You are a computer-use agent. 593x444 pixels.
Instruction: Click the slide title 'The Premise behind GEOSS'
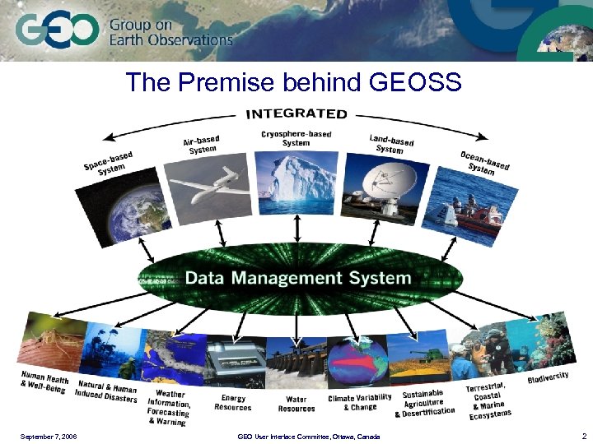[x=293, y=82]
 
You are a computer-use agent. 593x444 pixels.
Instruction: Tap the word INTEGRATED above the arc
[x=296, y=113]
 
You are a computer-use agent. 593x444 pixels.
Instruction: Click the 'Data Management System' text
[x=297, y=277]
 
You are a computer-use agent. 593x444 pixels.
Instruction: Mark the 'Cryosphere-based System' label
[x=296, y=138]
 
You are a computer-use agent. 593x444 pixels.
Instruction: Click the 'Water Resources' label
[x=296, y=404]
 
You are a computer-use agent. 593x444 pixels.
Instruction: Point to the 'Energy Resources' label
[x=233, y=403]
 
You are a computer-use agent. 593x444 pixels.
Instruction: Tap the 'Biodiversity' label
[x=548, y=377]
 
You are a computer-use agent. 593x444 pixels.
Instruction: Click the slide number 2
[x=583, y=435]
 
